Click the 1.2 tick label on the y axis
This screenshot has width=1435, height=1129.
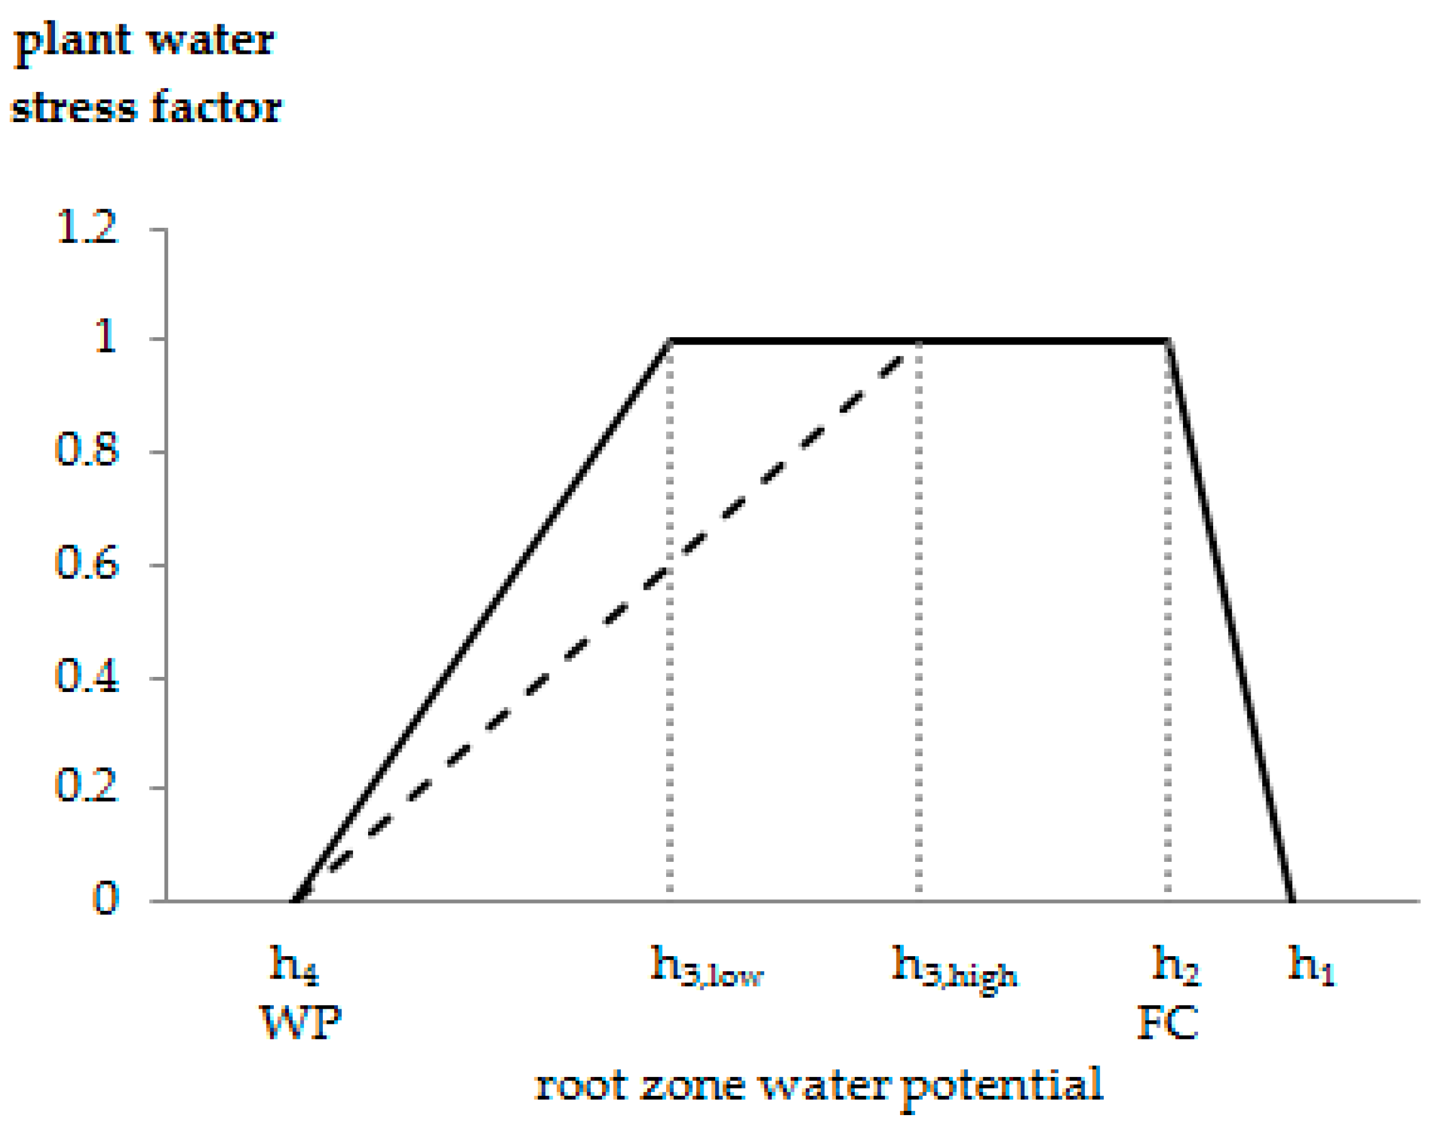coord(86,228)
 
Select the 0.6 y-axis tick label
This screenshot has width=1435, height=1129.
coord(86,563)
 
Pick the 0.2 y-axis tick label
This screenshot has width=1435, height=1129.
coord(86,786)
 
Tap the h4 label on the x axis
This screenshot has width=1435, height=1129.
coord(295,966)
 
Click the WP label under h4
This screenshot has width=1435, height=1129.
coord(301,1023)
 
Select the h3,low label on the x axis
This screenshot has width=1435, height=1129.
coord(707,967)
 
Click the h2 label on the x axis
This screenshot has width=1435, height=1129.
coord(1176,966)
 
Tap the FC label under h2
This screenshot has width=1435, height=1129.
coord(1167,1023)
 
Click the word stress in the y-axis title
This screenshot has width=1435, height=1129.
coord(73,108)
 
